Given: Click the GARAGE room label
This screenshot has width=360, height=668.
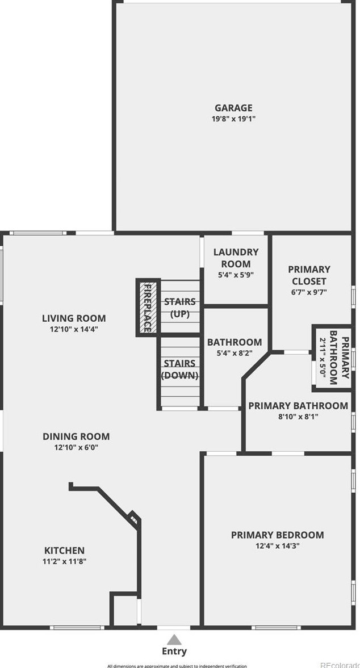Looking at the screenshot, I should point(233,108).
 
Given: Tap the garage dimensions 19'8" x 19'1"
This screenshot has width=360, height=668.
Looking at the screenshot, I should point(233,119).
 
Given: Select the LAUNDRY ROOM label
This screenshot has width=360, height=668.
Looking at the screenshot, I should point(235,258).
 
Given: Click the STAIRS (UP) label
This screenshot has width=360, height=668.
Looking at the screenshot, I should point(179,308).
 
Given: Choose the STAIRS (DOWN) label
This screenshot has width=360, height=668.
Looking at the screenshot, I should point(179,369).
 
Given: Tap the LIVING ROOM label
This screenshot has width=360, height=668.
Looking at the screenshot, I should point(74,318).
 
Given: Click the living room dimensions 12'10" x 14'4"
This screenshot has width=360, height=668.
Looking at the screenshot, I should point(74,329).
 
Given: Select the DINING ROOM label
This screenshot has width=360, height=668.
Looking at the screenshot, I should point(76,436).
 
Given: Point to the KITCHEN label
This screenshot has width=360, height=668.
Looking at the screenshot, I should point(65,551).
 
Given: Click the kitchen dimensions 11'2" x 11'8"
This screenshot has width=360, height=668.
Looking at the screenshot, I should point(65,562).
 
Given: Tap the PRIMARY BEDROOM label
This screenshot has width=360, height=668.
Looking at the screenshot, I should point(277,535).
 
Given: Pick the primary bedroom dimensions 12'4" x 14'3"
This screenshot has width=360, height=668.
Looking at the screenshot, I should point(277,546).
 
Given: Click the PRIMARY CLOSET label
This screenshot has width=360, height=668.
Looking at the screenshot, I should point(309,275).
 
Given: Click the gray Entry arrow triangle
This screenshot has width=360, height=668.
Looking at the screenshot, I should point(174,640).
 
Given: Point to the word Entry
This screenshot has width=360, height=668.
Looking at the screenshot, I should point(174,652).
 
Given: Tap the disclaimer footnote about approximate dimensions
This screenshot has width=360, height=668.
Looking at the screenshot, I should point(177,666).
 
